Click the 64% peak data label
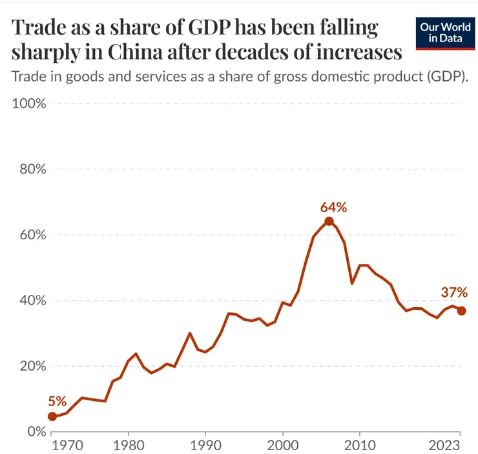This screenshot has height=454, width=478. coord(333,208)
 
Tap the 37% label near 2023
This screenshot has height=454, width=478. coord(454,292)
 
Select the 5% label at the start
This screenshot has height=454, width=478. coord(57,402)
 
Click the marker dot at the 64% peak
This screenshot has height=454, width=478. coord(329,221)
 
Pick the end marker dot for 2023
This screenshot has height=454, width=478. coord(461,311)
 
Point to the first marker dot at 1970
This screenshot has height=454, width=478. coord(52,416)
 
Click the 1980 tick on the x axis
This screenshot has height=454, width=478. coord(129,446)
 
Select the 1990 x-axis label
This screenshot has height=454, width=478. coord(205,446)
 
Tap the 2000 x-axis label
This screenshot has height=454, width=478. coord(282,446)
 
